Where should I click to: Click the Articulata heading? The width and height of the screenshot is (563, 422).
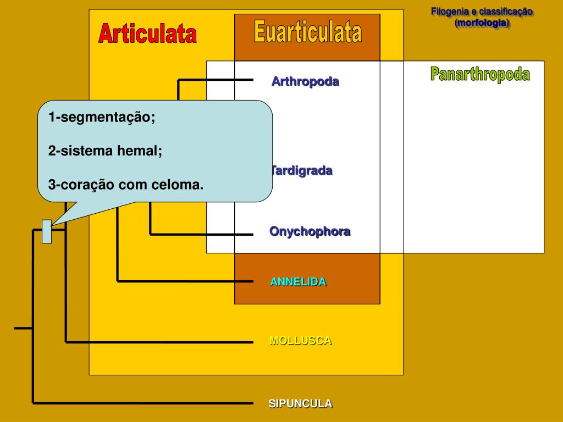point(147,34)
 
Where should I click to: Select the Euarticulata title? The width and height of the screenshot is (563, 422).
point(308,32)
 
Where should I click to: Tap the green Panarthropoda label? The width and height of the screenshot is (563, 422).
point(480,74)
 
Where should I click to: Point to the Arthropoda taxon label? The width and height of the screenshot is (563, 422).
point(305,82)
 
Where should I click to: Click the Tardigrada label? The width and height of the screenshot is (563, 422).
point(302,170)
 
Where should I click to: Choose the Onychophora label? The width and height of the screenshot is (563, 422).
point(310,231)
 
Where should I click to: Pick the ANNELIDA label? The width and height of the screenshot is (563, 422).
point(297,282)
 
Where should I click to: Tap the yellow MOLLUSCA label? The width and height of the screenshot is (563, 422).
point(300,340)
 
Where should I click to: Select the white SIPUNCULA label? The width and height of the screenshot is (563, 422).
point(300,403)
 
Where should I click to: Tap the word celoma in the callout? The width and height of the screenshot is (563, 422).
point(177,185)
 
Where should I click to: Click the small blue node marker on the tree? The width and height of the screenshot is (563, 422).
point(47,231)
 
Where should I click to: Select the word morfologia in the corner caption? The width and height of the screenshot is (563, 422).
point(482,23)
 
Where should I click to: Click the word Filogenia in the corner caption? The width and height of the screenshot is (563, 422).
point(450,12)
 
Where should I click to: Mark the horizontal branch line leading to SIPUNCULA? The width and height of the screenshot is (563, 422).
point(143,403)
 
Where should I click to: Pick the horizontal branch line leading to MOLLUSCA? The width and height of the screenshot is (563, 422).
point(159,342)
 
